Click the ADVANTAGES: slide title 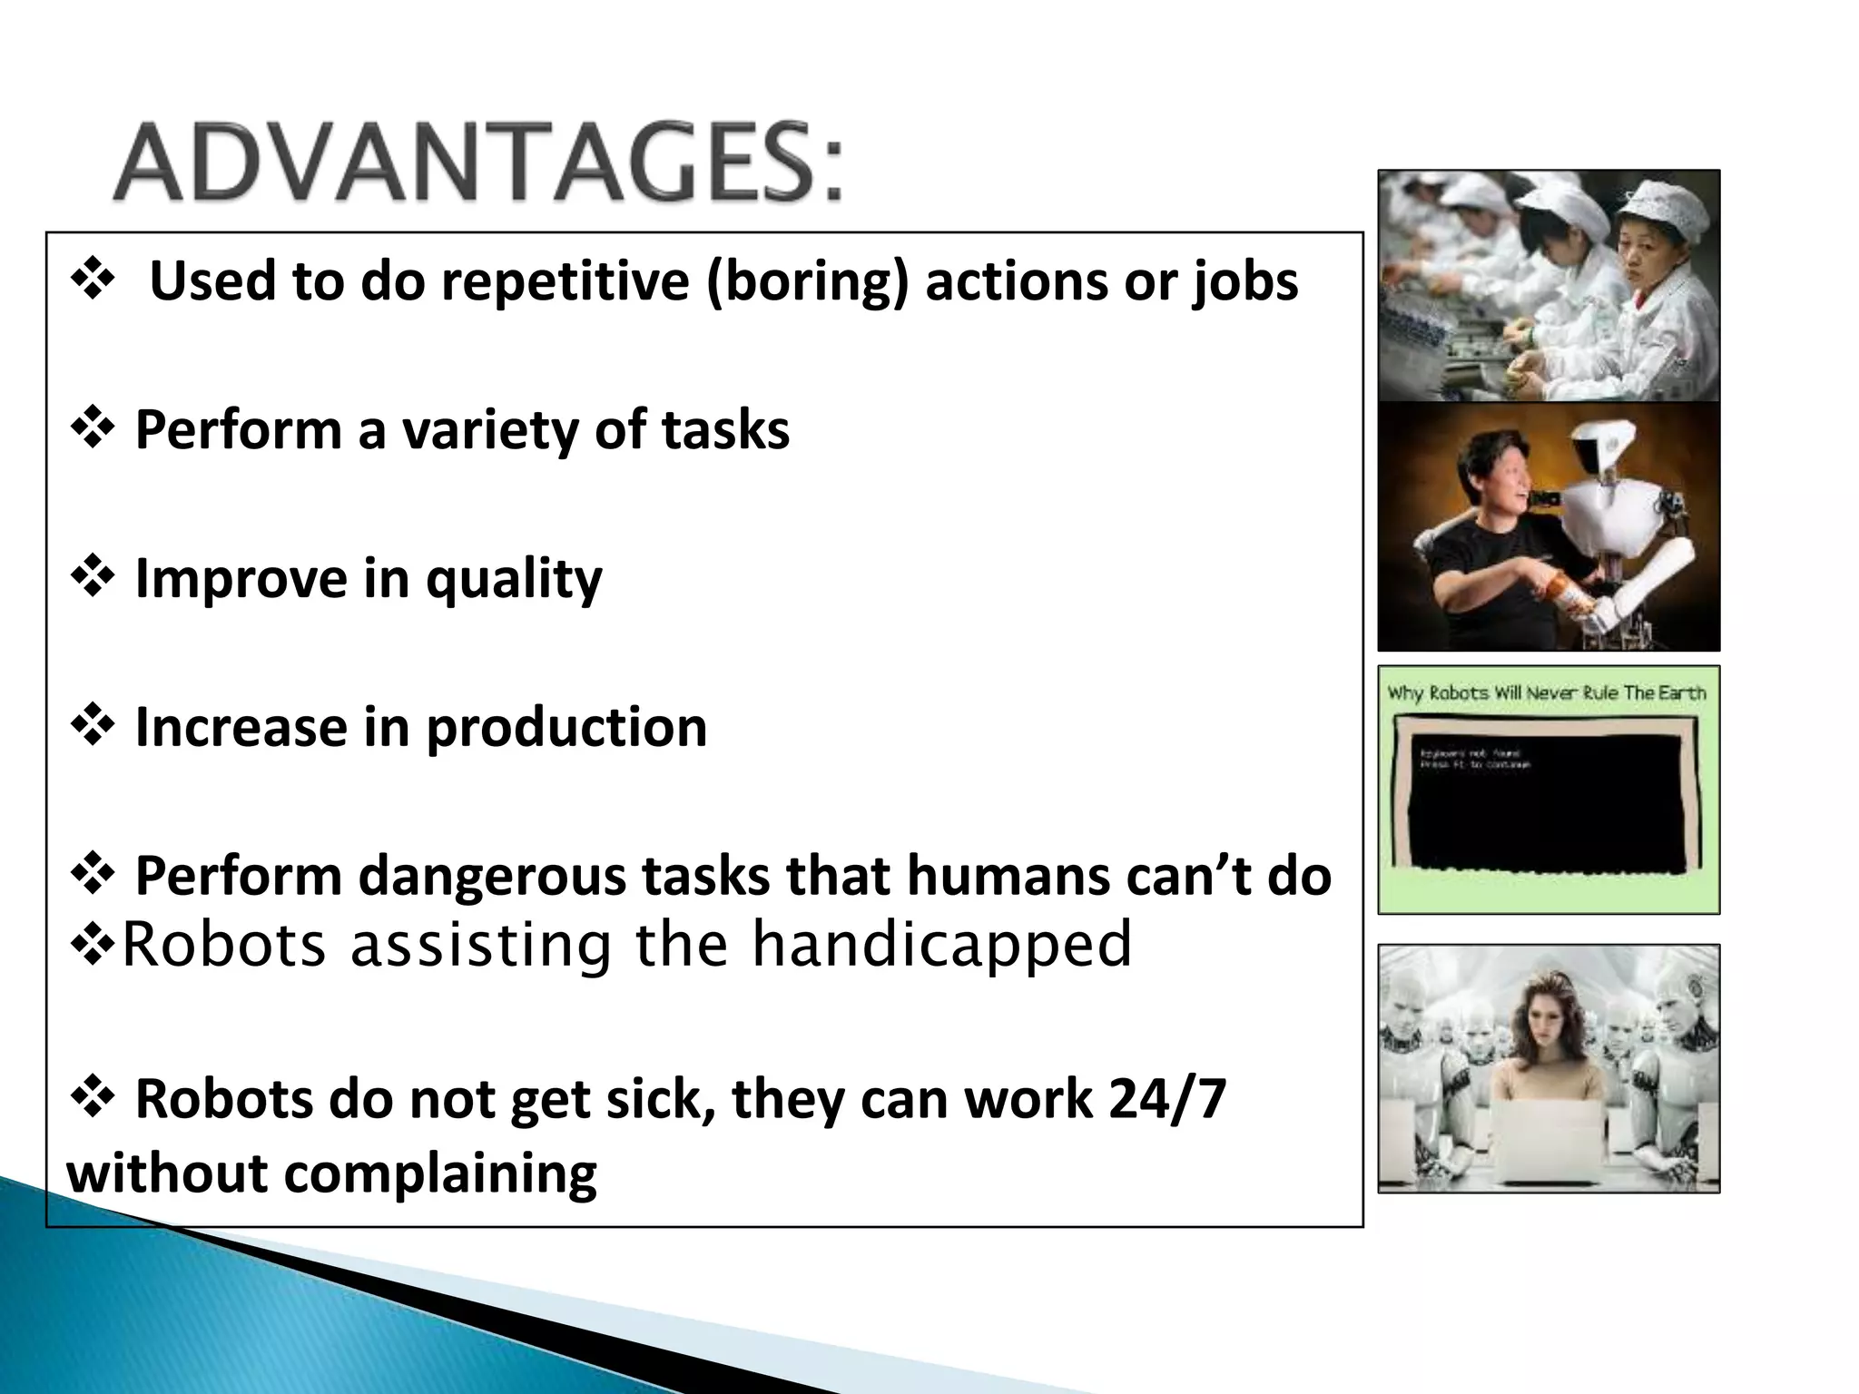(478, 163)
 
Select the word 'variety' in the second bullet (490, 429)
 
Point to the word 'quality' (514, 579)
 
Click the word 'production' (566, 728)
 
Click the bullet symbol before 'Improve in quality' (92, 577)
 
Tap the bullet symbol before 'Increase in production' (92, 726)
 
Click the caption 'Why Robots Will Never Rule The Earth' (1547, 693)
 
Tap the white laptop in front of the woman (1547, 1139)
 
